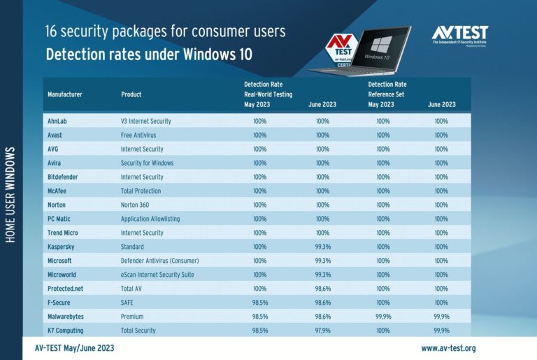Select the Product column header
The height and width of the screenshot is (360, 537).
(131, 94)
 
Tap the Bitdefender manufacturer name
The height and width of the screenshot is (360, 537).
(63, 177)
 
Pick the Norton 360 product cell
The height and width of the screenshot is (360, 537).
(138, 205)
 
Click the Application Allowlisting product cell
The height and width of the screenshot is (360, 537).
(150, 219)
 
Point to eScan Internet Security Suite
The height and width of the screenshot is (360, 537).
(164, 275)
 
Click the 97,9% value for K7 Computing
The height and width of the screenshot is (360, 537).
(322, 331)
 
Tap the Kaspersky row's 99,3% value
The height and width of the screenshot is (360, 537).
(322, 247)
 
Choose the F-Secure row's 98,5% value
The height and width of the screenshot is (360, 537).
(260, 303)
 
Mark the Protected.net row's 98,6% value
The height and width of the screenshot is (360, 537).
(322, 289)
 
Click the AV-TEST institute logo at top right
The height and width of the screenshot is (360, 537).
(459, 34)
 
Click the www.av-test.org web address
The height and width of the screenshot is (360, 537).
(448, 348)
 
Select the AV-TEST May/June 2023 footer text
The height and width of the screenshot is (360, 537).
(74, 348)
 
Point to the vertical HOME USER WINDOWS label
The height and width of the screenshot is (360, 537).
(10, 195)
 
